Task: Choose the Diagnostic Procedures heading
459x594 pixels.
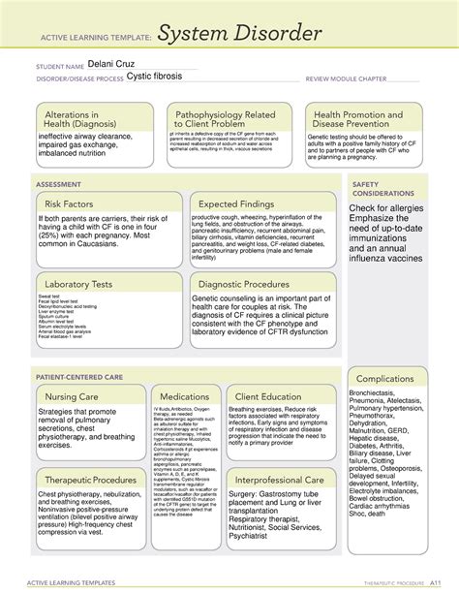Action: point(245,284)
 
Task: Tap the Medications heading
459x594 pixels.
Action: point(184,397)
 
